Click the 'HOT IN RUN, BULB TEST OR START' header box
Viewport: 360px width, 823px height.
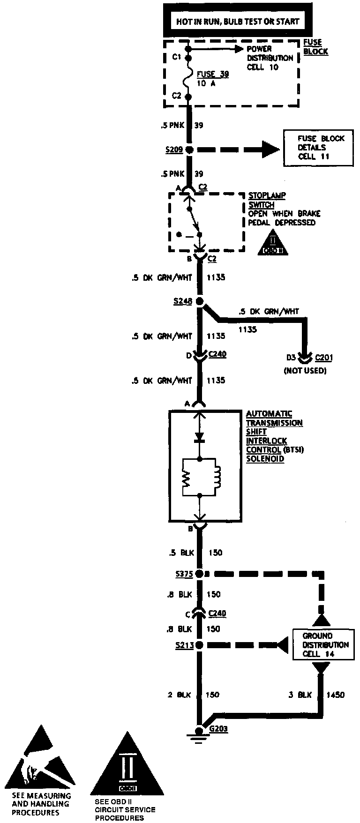(237, 21)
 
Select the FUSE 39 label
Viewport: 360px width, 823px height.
(213, 74)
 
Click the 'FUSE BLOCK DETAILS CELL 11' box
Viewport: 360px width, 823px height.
(319, 147)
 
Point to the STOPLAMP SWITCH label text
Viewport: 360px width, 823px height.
(262, 200)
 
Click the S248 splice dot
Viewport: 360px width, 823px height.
(200, 301)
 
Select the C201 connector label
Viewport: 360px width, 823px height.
(323, 358)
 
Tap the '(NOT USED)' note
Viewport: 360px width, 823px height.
(305, 371)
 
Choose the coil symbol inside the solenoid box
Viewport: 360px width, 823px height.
(217, 479)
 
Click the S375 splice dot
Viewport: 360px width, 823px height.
(200, 574)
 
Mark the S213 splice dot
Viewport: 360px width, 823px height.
(200, 645)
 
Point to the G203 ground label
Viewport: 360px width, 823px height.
(219, 729)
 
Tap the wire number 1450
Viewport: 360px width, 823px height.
(336, 695)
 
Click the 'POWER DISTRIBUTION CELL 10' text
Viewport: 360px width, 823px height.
(270, 58)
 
